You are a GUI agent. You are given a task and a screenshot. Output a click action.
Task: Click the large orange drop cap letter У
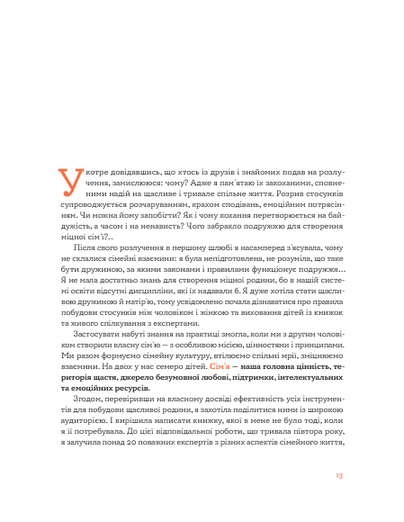coord(67,182)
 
